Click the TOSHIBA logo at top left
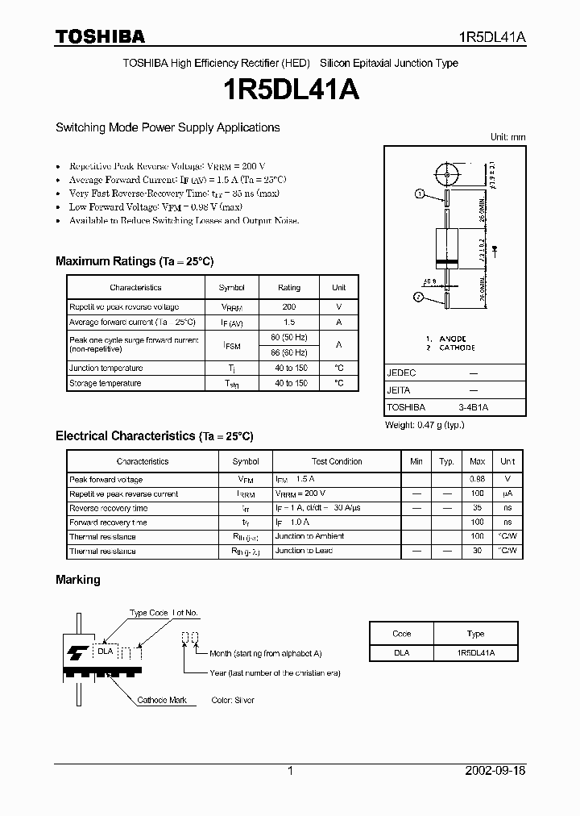pos(100,36)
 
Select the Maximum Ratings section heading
pos(135,261)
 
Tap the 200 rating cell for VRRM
pos(289,307)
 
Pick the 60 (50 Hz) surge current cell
pos(289,337)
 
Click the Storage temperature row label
pos(106,384)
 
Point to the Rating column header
pos(289,288)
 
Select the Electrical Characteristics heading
pos(155,436)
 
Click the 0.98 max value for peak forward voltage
pos(477,480)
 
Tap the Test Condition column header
pos(336,462)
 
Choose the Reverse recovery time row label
pos(109,509)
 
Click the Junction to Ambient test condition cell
pos(309,536)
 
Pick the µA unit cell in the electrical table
pos(507,494)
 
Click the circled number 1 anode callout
pos(420,194)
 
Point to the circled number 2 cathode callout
pos(420,298)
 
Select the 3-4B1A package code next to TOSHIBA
pos(473,408)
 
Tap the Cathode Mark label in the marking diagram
pos(162,701)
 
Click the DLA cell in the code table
pos(401,653)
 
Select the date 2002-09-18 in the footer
pos(495,771)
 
